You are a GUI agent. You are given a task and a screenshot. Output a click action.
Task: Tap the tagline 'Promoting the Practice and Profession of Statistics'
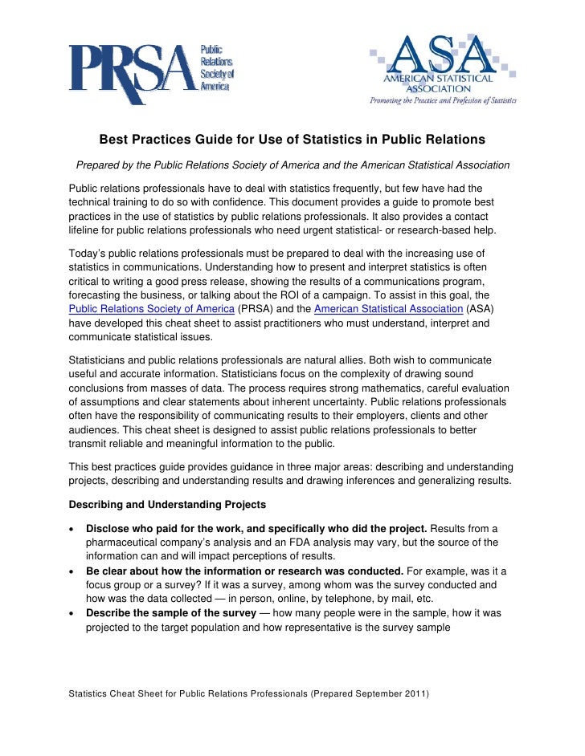click(x=442, y=101)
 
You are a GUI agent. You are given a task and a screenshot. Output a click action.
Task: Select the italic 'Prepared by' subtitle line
click(x=292, y=165)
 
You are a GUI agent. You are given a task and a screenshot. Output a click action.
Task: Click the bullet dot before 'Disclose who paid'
click(x=73, y=530)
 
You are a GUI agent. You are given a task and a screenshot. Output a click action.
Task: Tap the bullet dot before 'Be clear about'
click(x=73, y=571)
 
